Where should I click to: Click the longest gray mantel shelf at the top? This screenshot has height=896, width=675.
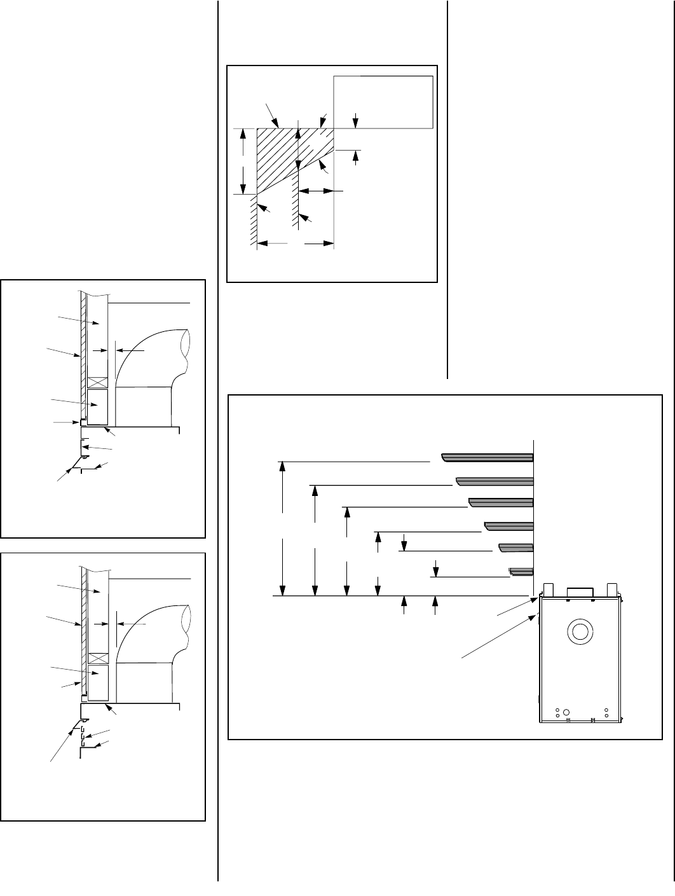(487, 457)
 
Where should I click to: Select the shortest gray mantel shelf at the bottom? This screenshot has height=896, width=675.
(521, 570)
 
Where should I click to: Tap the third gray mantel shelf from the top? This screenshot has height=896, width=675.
(501, 502)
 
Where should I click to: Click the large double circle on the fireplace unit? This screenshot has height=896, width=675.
(580, 632)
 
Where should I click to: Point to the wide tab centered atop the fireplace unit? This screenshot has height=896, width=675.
(580, 591)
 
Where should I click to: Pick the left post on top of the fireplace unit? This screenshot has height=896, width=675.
(550, 589)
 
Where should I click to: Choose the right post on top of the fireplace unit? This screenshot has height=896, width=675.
(613, 589)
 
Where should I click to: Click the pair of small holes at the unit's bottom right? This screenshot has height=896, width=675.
(606, 713)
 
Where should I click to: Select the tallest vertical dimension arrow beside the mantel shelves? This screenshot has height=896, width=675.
(283, 528)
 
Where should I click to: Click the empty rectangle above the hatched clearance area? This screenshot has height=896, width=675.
(383, 100)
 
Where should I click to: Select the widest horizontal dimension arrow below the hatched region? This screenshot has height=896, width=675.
(296, 242)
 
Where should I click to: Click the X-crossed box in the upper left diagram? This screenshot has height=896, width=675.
(98, 383)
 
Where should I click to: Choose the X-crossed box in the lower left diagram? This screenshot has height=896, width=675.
(98, 658)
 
